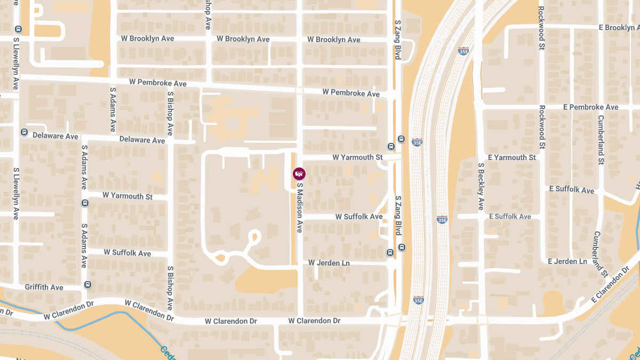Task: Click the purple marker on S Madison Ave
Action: (299, 174)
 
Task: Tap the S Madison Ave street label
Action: (299, 208)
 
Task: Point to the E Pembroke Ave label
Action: (590, 107)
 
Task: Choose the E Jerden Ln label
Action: (567, 261)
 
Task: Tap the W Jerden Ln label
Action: (329, 263)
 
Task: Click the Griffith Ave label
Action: (44, 287)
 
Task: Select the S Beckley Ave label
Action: (481, 186)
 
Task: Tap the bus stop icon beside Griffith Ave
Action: (87, 285)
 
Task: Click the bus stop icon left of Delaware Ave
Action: (24, 132)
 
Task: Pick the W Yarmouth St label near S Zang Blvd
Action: (357, 157)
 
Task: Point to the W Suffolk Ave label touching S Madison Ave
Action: (359, 217)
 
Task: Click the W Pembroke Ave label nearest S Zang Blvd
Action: (350, 93)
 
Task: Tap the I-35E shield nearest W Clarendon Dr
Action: (418, 300)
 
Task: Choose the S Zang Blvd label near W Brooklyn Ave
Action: (397, 39)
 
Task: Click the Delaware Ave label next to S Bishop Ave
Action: (142, 140)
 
